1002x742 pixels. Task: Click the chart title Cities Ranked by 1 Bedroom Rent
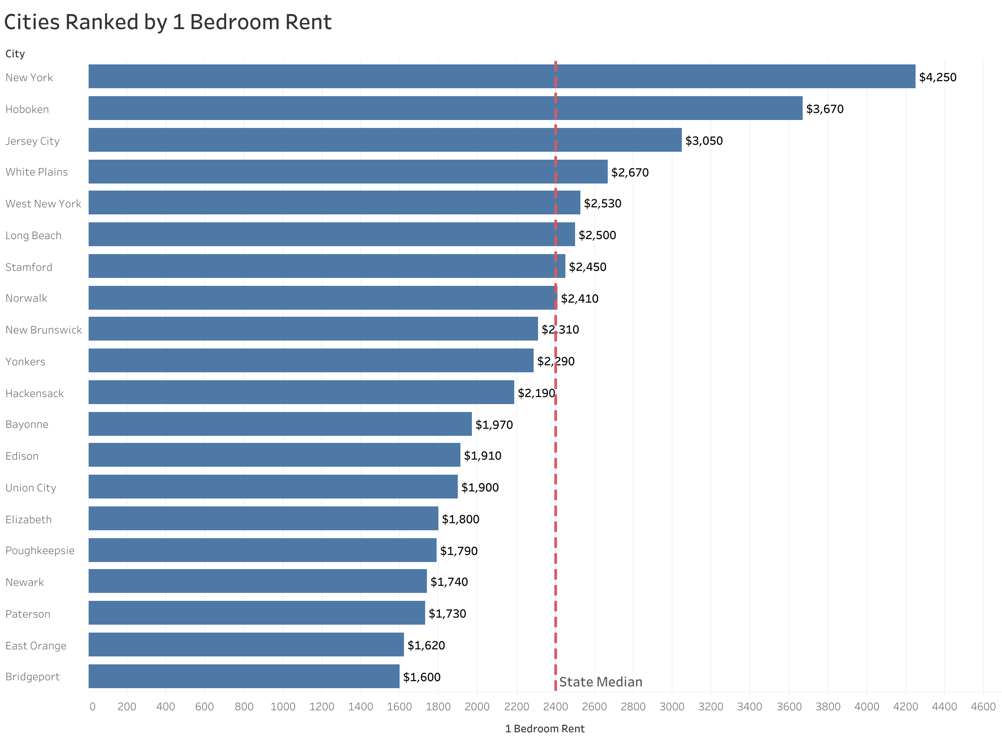point(168,22)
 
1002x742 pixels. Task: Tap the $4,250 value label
point(937,77)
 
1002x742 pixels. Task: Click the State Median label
point(600,682)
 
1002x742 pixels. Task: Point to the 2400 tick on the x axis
point(555,707)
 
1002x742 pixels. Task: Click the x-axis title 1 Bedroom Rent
point(544,728)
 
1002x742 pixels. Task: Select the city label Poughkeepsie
point(40,551)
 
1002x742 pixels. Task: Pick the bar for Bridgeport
point(243,676)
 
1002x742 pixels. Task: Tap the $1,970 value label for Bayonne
point(494,424)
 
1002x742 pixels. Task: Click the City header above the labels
point(15,54)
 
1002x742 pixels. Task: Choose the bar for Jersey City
point(384,140)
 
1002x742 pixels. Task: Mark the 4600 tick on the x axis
point(983,707)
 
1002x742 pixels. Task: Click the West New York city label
point(43,204)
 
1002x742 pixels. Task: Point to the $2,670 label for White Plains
point(629,172)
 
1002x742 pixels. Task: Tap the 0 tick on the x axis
point(92,707)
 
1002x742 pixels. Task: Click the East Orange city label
point(36,646)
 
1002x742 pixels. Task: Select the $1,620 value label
point(426,645)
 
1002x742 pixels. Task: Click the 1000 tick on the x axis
point(282,707)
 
